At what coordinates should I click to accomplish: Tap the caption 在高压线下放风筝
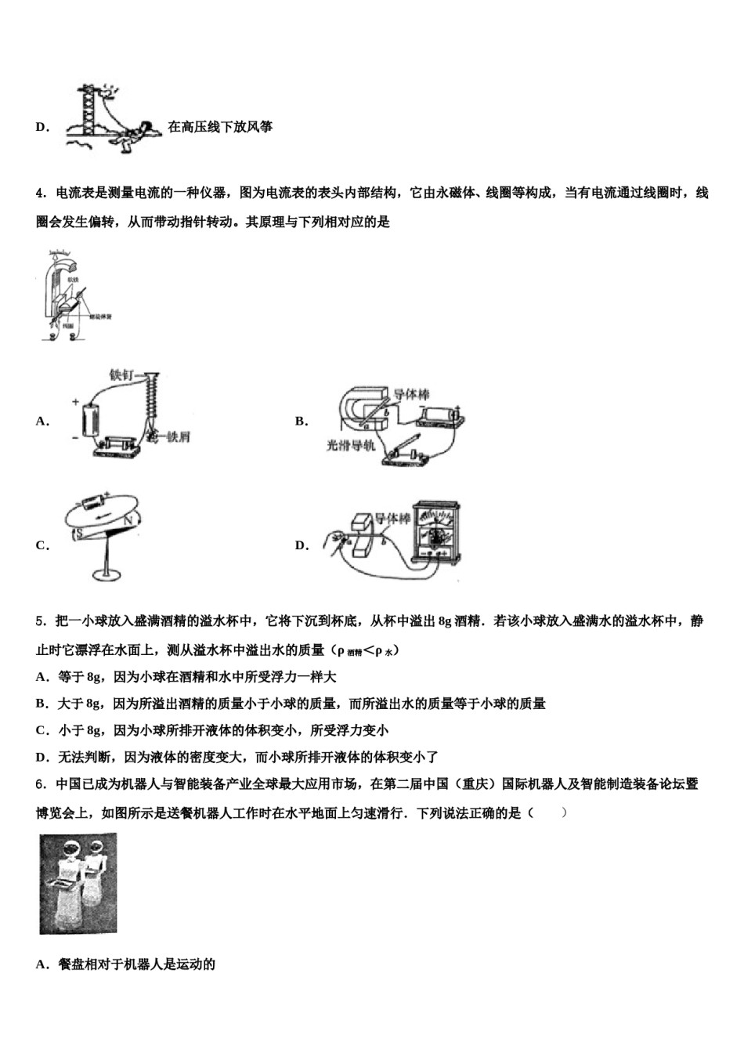click(220, 127)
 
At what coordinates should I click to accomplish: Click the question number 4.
click(40, 194)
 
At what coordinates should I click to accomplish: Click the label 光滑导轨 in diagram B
click(350, 445)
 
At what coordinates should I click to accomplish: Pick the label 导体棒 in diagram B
click(411, 394)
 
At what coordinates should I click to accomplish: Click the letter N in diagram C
click(128, 519)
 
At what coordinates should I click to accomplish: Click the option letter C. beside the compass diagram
click(42, 545)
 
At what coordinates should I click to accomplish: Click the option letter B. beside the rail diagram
click(302, 422)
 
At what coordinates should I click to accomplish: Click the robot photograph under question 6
click(78, 883)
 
